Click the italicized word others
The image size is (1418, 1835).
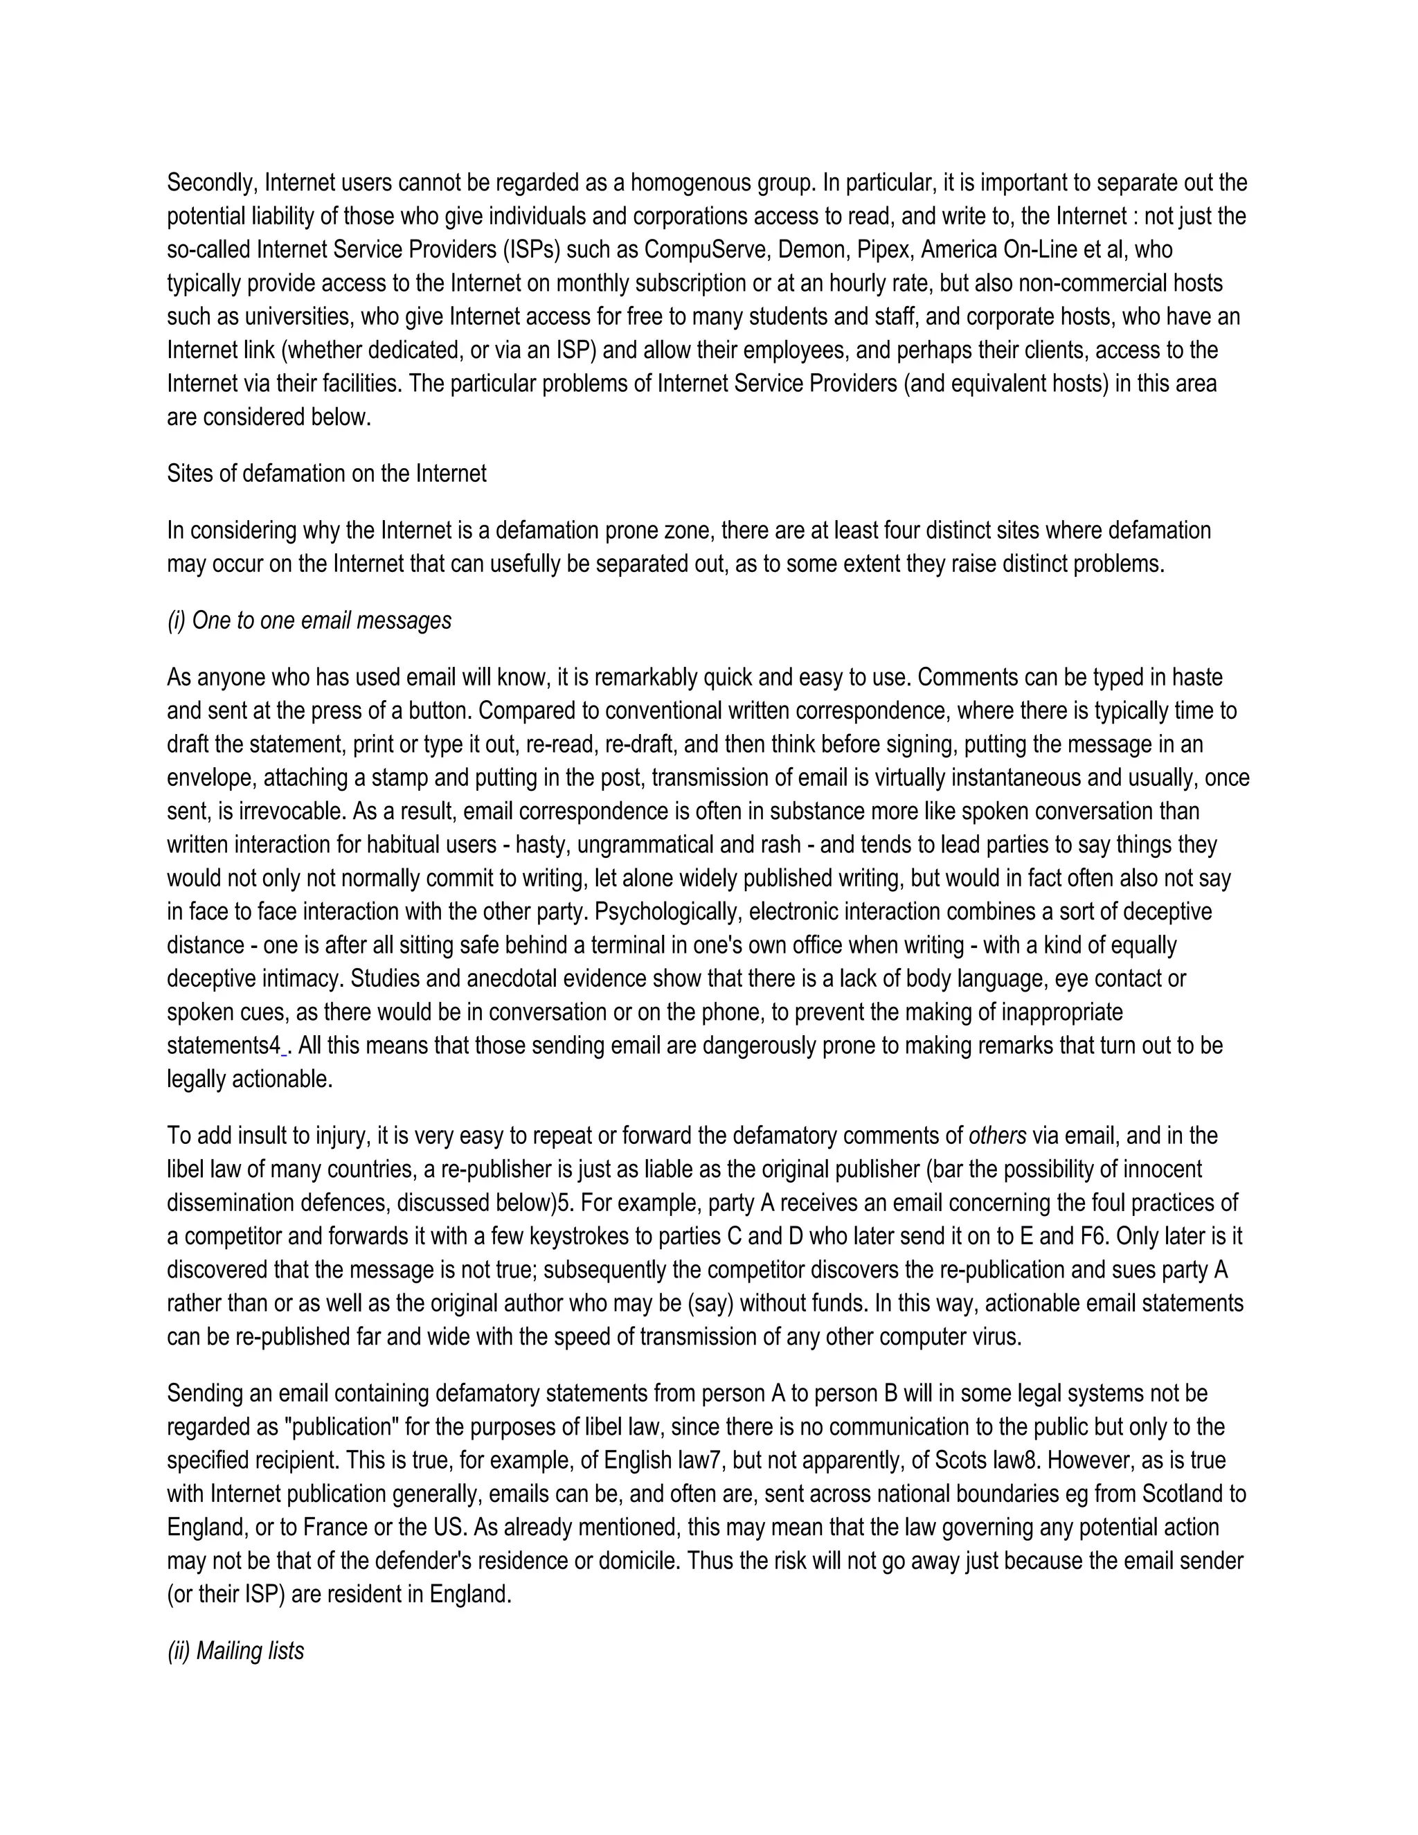click(997, 1137)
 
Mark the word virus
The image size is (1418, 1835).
click(997, 1338)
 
